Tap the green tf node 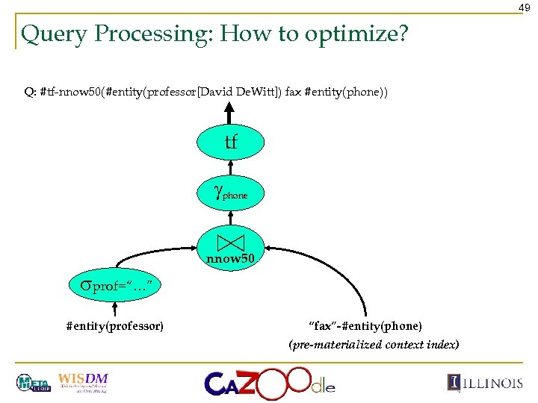point(231,142)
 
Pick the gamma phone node point(231,194)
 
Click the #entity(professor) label point(115,326)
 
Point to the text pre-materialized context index point(374,345)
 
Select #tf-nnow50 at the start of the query point(70,92)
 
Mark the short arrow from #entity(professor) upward point(115,309)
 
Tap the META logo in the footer point(34,383)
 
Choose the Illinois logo point(485,383)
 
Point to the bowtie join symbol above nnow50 point(231,242)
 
